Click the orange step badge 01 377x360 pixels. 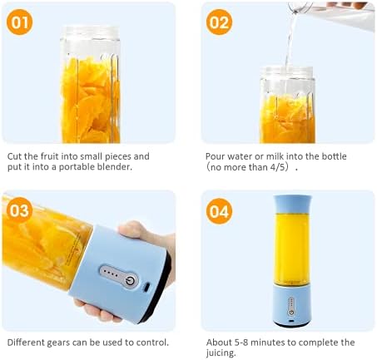(x=19, y=22)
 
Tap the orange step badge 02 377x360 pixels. (x=219, y=22)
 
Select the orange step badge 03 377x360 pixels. (x=19, y=210)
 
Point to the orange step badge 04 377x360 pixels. (x=219, y=211)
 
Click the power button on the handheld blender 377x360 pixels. (x=130, y=281)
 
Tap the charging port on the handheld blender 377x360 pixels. (x=146, y=287)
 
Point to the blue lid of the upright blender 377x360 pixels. (x=292, y=205)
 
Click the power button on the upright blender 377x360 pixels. (x=291, y=312)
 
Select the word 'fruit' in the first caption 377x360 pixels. (x=50, y=156)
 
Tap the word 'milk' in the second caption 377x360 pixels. (x=275, y=156)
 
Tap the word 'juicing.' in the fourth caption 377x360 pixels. (x=221, y=353)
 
